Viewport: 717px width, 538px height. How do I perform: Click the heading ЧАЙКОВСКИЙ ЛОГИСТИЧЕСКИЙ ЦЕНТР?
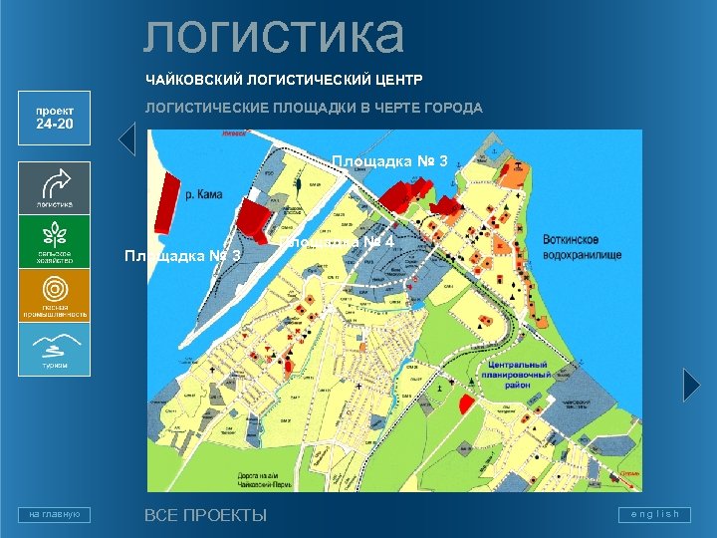(x=284, y=78)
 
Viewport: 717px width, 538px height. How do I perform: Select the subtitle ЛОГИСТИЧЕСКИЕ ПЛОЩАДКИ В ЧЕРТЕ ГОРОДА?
(x=314, y=108)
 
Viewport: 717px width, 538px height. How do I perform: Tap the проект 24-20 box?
(x=54, y=119)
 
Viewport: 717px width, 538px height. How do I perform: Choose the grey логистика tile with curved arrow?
(x=54, y=186)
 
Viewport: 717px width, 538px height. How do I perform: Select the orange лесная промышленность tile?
(x=54, y=297)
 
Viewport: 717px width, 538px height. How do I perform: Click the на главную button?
(x=54, y=514)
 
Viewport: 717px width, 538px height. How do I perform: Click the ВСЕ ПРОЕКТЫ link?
(x=205, y=515)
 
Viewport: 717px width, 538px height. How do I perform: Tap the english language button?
(x=653, y=514)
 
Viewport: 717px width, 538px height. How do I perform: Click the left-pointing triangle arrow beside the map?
(x=126, y=139)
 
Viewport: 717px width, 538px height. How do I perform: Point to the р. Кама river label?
(x=204, y=195)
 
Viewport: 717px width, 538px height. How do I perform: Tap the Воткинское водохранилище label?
(x=583, y=248)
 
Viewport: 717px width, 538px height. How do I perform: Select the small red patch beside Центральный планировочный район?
(x=465, y=403)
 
